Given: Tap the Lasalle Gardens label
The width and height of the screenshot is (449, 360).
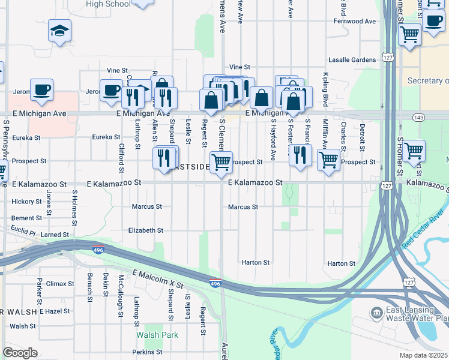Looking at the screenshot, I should (352, 60).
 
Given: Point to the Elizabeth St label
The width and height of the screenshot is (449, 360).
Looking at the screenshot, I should (146, 230).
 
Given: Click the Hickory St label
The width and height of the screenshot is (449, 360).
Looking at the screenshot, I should (26, 202).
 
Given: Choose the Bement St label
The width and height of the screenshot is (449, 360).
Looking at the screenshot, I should (26, 218).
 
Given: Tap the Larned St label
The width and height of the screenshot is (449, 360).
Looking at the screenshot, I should (55, 235).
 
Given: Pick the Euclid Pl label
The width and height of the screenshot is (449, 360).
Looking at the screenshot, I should (23, 231).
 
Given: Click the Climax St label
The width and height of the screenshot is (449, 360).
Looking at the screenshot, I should (60, 283).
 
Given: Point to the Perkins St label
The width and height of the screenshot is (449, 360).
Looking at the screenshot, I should (148, 352).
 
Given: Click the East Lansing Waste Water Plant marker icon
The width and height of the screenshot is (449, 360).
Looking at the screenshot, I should (376, 312).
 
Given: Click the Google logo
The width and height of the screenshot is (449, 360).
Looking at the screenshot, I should (20, 353).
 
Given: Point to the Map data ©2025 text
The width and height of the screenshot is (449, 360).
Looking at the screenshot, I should (424, 356).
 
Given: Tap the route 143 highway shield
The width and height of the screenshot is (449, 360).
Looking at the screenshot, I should (418, 118).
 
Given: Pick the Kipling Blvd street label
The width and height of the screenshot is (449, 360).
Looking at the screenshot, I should (325, 89).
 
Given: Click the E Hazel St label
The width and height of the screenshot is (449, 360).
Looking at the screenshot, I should (55, 311).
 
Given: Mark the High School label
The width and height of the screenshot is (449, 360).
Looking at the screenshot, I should (108, 4).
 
